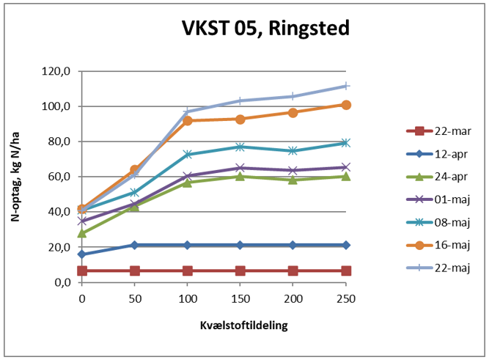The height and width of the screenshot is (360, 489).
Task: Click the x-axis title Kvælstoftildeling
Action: pos(214,323)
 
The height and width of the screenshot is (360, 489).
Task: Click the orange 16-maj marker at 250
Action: pos(345,105)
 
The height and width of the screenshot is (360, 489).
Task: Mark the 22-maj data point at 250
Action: pos(345,86)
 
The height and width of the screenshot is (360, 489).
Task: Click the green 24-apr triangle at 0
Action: pos(82,233)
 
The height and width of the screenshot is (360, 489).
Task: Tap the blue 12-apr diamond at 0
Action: pos(82,254)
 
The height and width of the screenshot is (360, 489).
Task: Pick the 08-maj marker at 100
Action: pos(188,155)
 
